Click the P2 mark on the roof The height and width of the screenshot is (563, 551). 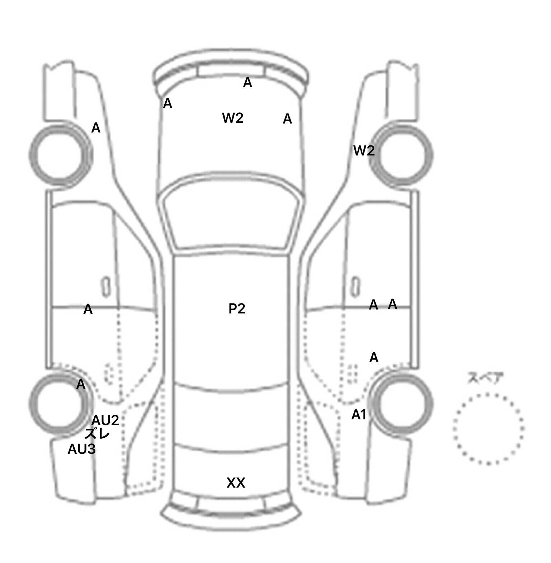tap(237, 308)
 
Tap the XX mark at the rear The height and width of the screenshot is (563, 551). tap(236, 483)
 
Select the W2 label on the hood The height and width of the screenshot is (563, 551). tap(233, 118)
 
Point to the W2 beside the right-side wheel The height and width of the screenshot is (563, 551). tap(364, 150)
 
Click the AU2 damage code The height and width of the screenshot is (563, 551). tap(105, 420)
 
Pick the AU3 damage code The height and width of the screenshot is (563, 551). tap(82, 449)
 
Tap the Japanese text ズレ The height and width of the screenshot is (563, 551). tap(97, 434)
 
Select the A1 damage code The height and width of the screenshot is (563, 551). tap(359, 415)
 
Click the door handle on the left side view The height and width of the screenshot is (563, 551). tap(106, 287)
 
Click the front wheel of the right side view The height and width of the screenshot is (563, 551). tap(402, 155)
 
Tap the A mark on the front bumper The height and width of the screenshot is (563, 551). tap(248, 83)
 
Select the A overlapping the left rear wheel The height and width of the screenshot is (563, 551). tap(81, 384)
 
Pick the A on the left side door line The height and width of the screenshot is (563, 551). tap(88, 309)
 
